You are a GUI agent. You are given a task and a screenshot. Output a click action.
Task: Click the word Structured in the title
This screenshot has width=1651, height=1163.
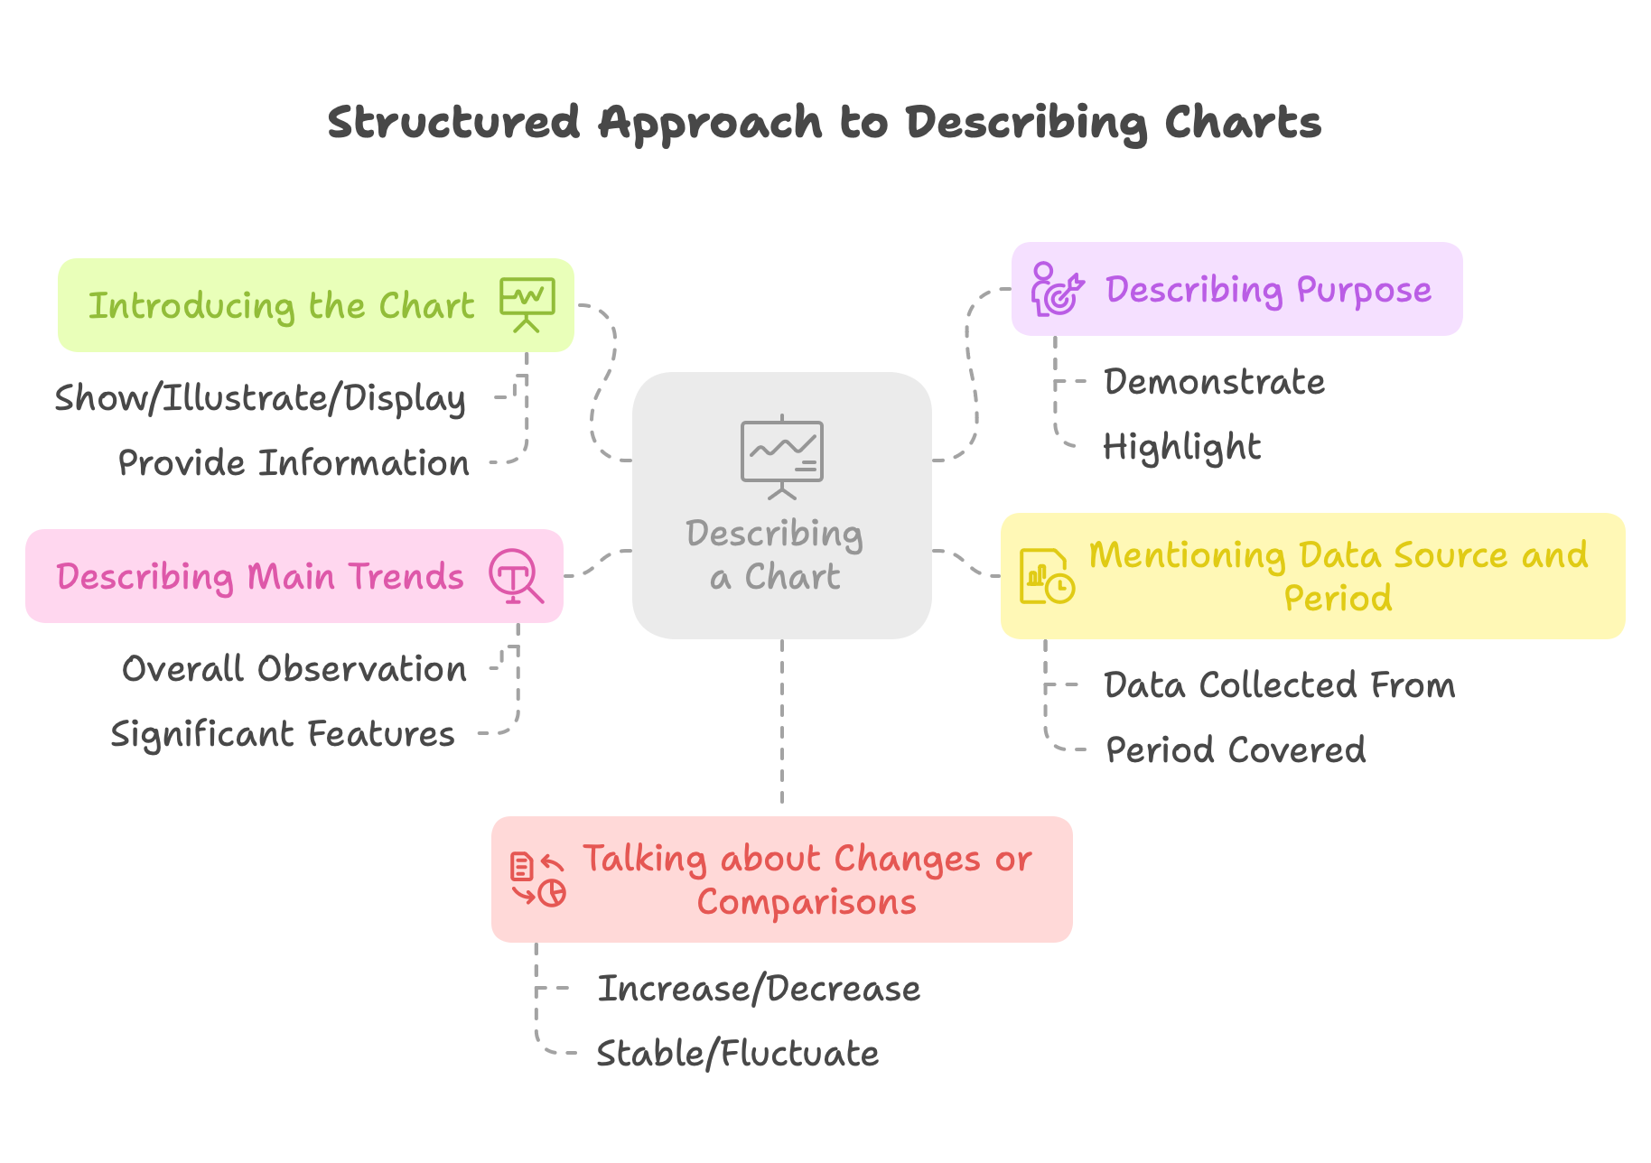(452, 122)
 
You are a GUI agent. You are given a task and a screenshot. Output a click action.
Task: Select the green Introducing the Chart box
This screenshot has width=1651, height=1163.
(280, 305)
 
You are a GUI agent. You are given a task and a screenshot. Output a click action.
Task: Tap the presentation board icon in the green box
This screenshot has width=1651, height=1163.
(527, 304)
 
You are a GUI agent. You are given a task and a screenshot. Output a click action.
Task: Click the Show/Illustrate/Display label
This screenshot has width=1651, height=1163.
(260, 398)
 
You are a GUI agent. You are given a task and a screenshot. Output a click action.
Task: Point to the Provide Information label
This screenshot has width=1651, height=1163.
(294, 463)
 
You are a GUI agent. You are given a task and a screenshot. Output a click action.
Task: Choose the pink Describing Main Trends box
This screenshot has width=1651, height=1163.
(260, 576)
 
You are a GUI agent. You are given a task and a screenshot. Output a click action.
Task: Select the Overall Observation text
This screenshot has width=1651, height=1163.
(294, 669)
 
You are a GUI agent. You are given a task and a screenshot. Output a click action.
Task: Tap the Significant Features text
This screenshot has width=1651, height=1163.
(283, 734)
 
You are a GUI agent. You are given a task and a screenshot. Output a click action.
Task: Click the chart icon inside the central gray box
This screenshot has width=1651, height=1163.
(781, 457)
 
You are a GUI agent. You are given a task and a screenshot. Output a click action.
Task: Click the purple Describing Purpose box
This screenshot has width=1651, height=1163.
(1268, 290)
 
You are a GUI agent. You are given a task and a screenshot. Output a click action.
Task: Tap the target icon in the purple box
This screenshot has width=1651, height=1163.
(1056, 290)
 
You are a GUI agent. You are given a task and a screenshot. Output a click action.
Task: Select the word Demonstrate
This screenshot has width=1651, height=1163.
(1214, 382)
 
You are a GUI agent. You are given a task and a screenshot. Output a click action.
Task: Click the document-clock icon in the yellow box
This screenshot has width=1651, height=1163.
(1046, 576)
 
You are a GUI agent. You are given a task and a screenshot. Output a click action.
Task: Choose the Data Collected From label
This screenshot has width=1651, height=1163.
(1279, 685)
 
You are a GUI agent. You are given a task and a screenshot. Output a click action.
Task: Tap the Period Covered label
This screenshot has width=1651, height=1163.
(1236, 750)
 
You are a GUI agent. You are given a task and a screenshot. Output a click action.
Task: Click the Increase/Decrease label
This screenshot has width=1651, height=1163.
(759, 989)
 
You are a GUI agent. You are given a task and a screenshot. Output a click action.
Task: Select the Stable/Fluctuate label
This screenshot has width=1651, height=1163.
(737, 1054)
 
